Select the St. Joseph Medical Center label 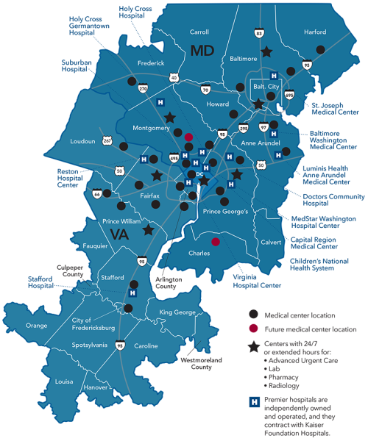[x=336, y=108]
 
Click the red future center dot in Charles [x=216, y=241]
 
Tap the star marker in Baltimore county [x=266, y=52]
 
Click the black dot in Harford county [x=320, y=49]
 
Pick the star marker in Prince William [x=148, y=229]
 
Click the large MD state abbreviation [x=203, y=51]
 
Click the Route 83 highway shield [x=259, y=33]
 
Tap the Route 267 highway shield [x=107, y=140]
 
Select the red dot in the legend [x=252, y=329]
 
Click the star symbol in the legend [x=252, y=347]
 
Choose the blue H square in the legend [x=253, y=402]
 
